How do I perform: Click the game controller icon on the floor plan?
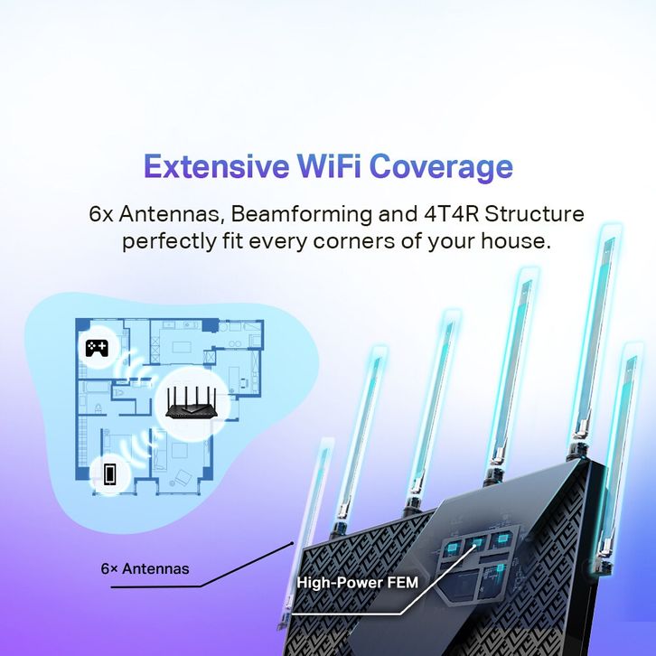[97, 347]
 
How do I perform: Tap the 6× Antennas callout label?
[145, 569]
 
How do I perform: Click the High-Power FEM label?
[357, 583]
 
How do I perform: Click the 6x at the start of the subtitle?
[105, 215]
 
